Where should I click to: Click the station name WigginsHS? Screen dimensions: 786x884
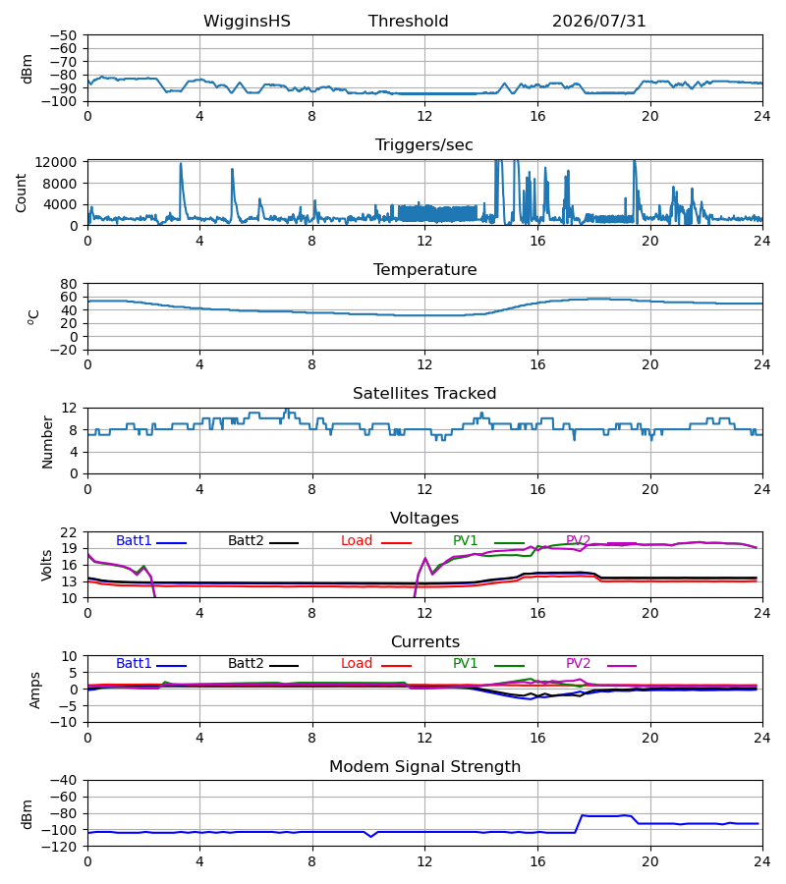247,22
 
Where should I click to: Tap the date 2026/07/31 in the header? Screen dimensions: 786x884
598,22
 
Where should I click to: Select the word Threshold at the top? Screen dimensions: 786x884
408,22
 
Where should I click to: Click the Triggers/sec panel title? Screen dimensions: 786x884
424,145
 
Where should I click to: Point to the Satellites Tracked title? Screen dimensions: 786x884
424,394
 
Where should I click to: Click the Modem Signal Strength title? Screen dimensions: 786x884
424,767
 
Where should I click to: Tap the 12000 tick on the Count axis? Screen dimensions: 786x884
55,162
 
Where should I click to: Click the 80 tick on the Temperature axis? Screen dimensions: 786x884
68,284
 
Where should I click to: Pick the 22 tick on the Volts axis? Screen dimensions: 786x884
68,532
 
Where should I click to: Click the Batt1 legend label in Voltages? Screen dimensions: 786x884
134,540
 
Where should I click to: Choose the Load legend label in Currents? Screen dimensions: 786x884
357,664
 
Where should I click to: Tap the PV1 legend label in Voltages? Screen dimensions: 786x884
465,540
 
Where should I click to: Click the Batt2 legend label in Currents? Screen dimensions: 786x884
246,664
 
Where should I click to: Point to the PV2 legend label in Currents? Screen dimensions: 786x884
578,664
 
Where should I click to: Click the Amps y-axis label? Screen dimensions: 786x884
35,691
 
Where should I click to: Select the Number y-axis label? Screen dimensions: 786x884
47,442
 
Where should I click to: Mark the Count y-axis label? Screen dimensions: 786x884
22,193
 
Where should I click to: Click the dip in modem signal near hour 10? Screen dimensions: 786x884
370,836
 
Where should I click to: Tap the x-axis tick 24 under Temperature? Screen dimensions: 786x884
762,364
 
